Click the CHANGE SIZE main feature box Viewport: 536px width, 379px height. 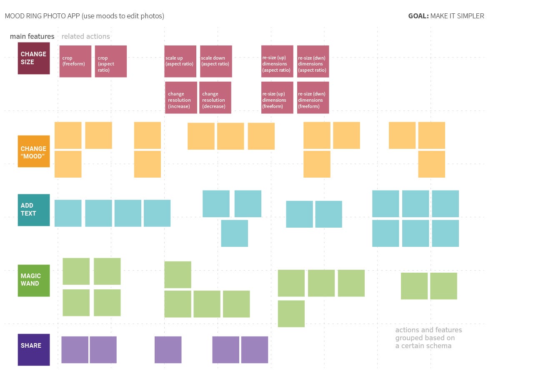point(34,58)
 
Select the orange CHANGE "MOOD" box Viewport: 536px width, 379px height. point(34,151)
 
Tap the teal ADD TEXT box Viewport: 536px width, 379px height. point(34,210)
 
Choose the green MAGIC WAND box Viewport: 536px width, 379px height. point(34,280)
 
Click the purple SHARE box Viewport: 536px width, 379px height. point(34,349)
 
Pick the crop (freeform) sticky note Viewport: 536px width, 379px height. point(75,61)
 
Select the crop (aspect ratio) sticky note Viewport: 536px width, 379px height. point(111,61)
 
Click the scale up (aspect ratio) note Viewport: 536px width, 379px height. point(180,61)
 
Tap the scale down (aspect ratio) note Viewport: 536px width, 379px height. point(216,61)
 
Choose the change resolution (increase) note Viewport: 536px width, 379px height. point(181,98)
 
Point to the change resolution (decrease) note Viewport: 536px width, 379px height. point(215,98)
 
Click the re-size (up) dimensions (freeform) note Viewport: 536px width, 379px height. point(277,98)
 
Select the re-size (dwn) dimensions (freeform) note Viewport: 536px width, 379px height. point(313,98)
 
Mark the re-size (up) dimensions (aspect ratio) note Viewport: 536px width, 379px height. point(277,61)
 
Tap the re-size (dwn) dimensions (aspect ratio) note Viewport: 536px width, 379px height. point(313,61)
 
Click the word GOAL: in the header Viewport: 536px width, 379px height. point(418,16)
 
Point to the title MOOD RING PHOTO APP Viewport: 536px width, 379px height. point(42,16)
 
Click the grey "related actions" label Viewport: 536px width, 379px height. point(85,37)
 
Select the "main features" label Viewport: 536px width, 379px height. point(32,37)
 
